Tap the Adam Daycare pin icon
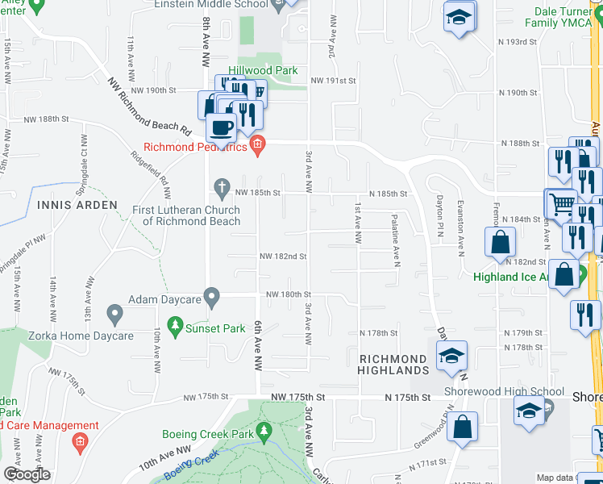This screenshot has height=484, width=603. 212,298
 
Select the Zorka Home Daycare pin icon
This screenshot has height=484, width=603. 114,312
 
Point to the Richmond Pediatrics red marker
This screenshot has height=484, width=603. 257,146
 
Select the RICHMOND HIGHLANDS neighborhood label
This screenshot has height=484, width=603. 393,365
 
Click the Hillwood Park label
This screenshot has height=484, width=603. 263,71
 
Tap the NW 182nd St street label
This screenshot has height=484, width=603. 283,257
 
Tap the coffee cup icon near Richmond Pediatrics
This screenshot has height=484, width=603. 221,127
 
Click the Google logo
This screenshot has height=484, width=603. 27,474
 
